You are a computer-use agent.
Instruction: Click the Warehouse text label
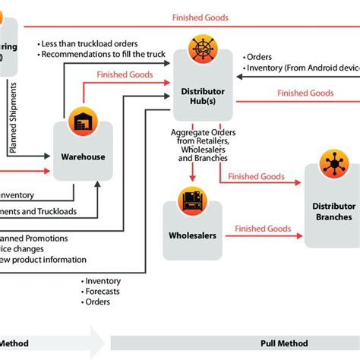click(83, 157)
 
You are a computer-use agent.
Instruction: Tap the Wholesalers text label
click(192, 235)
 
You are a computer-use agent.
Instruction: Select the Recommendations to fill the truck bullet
click(103, 55)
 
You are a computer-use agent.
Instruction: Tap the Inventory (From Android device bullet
click(300, 68)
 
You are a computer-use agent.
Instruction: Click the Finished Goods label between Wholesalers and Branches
click(263, 229)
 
